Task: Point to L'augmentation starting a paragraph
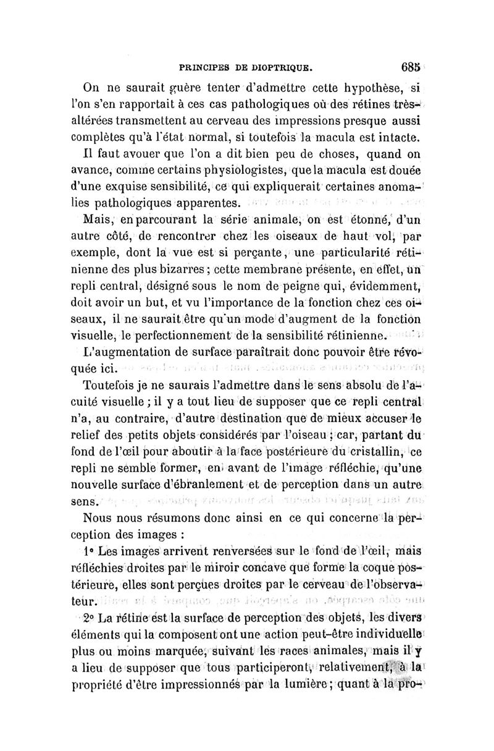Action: point(125,354)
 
